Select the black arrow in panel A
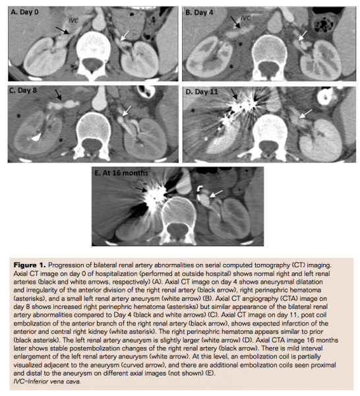(x=61, y=30)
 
